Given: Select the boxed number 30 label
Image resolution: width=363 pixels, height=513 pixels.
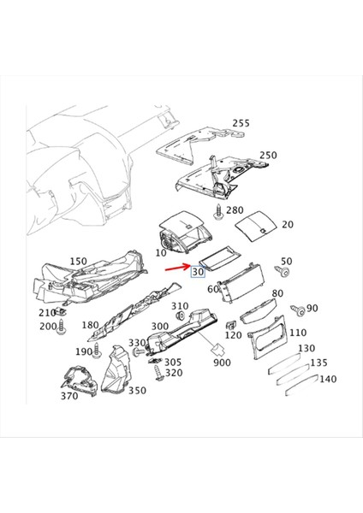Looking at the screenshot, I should click(199, 272).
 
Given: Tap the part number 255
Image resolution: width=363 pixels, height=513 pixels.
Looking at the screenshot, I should click(241, 123).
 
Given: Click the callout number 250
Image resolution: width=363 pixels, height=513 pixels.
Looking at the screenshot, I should click(268, 156).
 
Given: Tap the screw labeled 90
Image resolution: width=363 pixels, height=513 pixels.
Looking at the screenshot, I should click(296, 309).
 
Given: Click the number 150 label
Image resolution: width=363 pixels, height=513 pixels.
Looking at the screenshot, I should click(78, 261).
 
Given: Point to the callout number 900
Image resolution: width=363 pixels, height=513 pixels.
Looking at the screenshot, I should click(223, 363).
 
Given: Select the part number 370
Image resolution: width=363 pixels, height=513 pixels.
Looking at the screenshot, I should click(69, 395).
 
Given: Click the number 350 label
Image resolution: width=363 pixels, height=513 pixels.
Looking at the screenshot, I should click(137, 390).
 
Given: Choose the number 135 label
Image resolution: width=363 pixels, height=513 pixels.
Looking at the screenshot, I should click(318, 362).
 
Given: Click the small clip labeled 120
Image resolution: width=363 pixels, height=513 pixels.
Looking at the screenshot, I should click(229, 325).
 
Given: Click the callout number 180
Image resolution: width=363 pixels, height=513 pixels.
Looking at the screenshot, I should click(90, 325).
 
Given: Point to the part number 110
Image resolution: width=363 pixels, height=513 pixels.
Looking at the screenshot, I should click(297, 333).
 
